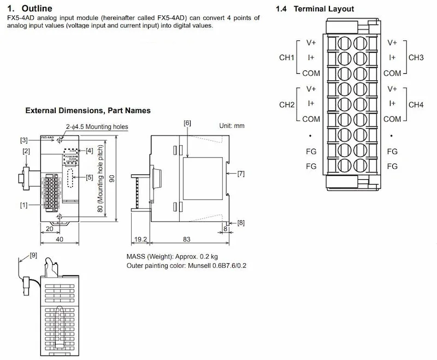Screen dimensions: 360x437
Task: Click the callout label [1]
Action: click(24, 205)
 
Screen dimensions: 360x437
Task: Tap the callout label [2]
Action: click(26, 150)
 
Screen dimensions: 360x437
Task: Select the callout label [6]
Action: click(187, 123)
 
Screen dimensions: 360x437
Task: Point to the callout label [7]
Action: click(241, 173)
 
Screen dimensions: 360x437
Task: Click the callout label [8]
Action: click(241, 222)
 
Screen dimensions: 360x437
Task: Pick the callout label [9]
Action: click(33, 255)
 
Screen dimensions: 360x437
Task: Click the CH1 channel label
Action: click(287, 57)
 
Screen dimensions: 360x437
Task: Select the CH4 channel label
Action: click(416, 104)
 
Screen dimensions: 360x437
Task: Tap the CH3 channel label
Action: click(416, 57)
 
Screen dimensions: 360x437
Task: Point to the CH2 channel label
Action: click(287, 104)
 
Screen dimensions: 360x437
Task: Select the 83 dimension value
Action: click(187, 239)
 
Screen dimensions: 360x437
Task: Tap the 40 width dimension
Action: click(60, 239)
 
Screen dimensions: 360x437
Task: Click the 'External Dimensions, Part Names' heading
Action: click(88, 110)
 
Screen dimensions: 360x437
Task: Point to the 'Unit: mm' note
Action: click(232, 125)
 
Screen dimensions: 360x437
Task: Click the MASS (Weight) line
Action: click(172, 256)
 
